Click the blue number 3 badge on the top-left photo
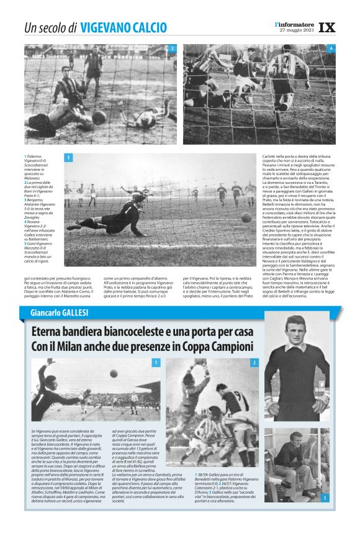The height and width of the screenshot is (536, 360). click(172, 48)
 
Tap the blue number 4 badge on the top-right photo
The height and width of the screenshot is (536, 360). click(331, 48)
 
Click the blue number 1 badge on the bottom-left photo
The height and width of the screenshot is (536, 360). click(156, 362)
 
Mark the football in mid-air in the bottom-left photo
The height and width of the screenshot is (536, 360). click(114, 374)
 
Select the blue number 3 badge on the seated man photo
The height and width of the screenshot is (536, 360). click(325, 497)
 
